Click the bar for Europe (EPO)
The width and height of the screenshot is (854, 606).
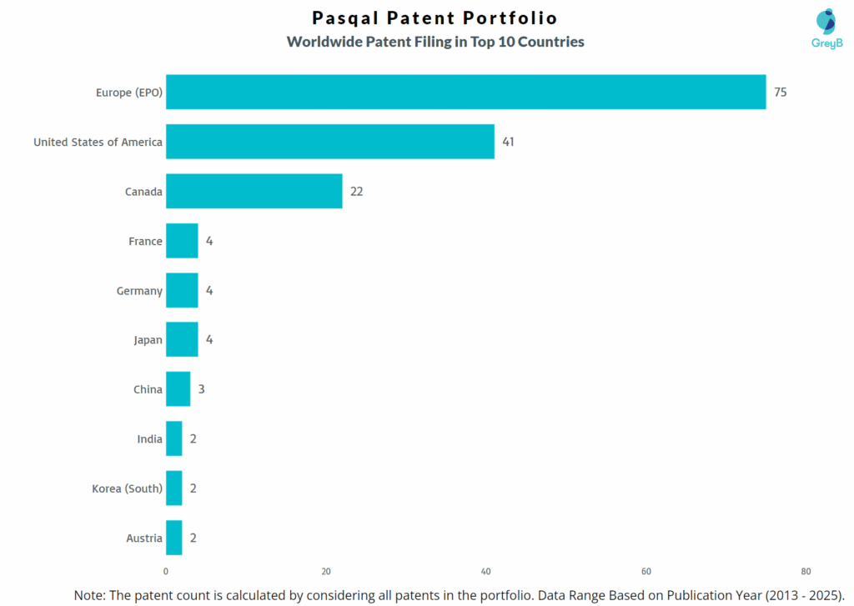point(465,92)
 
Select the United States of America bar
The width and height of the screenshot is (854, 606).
point(329,142)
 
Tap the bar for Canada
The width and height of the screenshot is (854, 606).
point(254,191)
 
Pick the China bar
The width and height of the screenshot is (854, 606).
point(178,389)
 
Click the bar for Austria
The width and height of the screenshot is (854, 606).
point(173,538)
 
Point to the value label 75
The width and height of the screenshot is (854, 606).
point(780,92)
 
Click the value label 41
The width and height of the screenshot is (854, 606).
point(508,142)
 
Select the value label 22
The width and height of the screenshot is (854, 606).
point(356,191)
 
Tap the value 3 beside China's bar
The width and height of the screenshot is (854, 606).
point(201,389)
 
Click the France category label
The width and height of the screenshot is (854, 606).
point(145,241)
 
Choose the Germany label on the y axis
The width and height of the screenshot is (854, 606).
point(139,290)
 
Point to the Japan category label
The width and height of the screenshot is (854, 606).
point(148,340)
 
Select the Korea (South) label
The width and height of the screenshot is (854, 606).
point(127,488)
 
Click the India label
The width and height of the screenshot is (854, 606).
point(150,438)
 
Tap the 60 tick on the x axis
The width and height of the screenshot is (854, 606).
point(646,572)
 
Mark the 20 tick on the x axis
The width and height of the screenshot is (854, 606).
point(326,572)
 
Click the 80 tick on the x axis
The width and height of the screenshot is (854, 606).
point(806,572)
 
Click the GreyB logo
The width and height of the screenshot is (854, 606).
point(826,28)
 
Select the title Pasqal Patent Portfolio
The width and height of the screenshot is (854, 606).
point(435,18)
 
